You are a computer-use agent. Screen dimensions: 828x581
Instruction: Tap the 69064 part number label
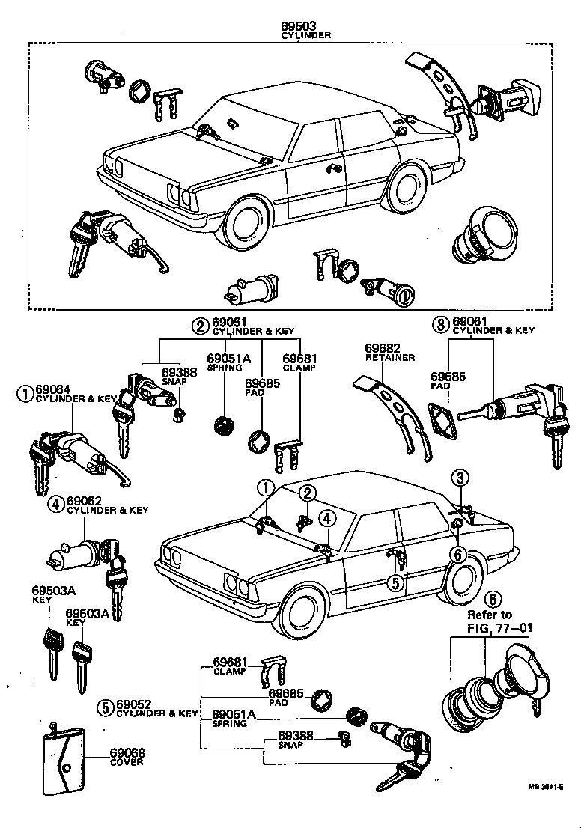53,389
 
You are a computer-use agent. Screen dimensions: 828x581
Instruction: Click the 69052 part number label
135,705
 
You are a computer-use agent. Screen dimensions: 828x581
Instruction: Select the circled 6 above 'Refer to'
492,599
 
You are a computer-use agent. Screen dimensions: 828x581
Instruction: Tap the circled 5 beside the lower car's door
396,582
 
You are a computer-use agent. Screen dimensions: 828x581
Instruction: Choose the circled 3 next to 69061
439,323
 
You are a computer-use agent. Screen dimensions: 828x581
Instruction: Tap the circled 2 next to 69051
198,325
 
